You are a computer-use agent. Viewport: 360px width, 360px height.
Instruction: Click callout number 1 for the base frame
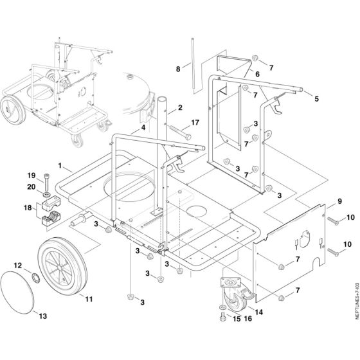pos(59,165)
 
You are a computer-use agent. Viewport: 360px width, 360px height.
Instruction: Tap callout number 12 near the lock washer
pos(18,265)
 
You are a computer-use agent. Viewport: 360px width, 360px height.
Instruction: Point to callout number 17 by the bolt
pos(195,122)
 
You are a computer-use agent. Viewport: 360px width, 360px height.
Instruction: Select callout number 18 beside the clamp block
pos(27,208)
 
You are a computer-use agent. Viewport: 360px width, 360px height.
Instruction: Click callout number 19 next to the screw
pos(30,175)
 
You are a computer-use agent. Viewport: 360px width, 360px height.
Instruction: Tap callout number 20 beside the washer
pos(30,187)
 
